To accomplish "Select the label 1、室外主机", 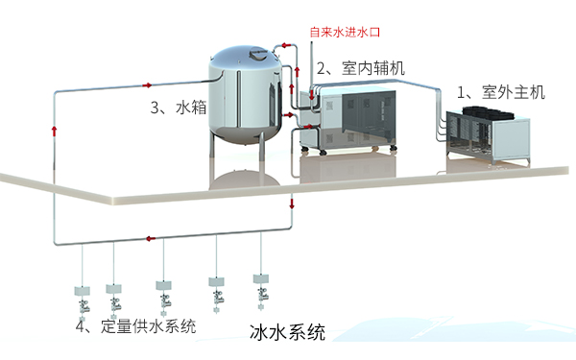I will pyautogui.click(x=500, y=92).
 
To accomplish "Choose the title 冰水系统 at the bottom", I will pyautogui.click(x=287, y=334).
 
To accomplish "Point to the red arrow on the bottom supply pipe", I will pyautogui.click(x=150, y=238).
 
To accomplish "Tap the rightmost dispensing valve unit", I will pyautogui.click(x=261, y=284).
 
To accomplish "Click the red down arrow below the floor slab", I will pyautogui.click(x=292, y=204).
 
